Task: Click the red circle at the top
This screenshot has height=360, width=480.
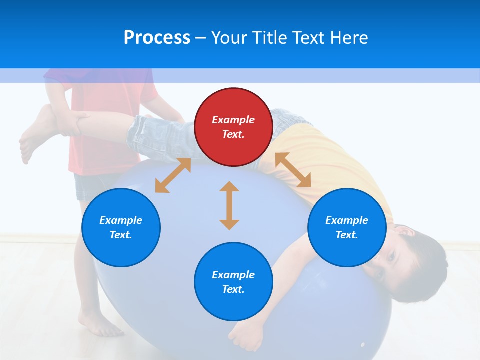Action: point(233,127)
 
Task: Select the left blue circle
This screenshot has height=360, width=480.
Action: point(121,227)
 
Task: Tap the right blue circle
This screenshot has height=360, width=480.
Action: point(347,227)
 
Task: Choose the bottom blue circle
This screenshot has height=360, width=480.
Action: point(233,282)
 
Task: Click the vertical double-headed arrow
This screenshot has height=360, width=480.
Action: point(229,205)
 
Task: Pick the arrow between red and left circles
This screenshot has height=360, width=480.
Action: point(173,175)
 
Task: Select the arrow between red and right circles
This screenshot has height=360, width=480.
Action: point(293,170)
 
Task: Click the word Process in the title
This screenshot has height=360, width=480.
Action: point(157,37)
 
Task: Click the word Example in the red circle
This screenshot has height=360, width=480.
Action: point(233,120)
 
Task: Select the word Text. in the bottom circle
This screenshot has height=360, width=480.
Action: point(233,289)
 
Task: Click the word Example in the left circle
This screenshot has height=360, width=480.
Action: point(121,220)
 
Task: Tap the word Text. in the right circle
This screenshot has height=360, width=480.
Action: point(347,235)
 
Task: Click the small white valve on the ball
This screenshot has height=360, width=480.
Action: point(362,345)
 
